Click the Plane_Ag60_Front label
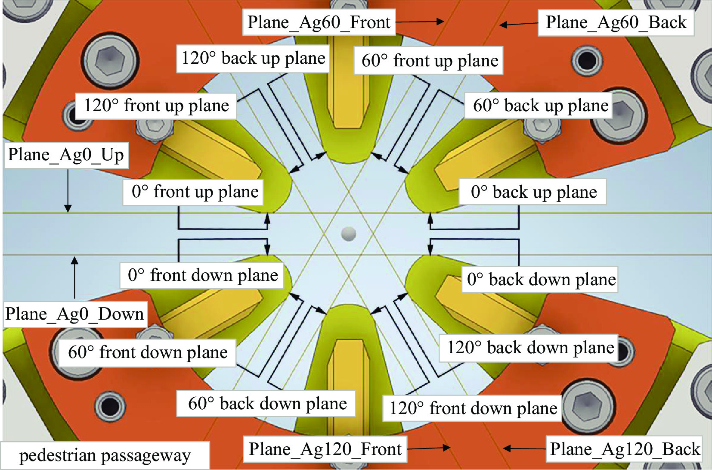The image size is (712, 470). [319, 22]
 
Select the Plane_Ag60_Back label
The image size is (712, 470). [616, 22]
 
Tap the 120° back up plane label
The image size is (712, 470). [253, 58]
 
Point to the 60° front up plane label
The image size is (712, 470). [429, 61]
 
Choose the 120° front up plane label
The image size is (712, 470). [156, 106]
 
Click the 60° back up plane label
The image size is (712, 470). [540, 106]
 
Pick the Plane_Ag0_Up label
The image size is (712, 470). [66, 155]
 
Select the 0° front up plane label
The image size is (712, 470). [195, 192]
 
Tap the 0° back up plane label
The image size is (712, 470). [533, 192]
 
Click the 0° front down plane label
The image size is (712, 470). [202, 275]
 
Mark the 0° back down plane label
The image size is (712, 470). [541, 280]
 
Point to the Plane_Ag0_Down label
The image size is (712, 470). [74, 314]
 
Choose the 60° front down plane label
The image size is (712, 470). [148, 352]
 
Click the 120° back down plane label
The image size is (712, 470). [530, 348]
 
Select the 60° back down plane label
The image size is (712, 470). [267, 404]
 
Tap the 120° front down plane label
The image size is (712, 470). [473, 408]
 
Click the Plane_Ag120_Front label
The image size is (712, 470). [325, 449]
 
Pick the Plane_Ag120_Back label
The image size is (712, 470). [625, 449]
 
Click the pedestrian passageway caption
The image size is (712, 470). [105, 455]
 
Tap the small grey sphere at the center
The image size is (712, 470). [348, 233]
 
